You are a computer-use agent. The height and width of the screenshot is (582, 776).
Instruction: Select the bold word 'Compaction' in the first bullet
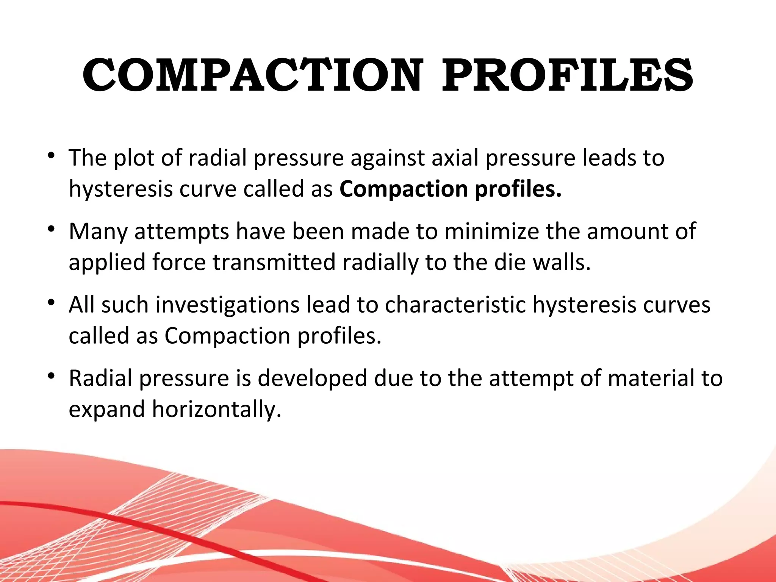(404, 189)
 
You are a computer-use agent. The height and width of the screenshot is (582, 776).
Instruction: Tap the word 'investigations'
(228, 305)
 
